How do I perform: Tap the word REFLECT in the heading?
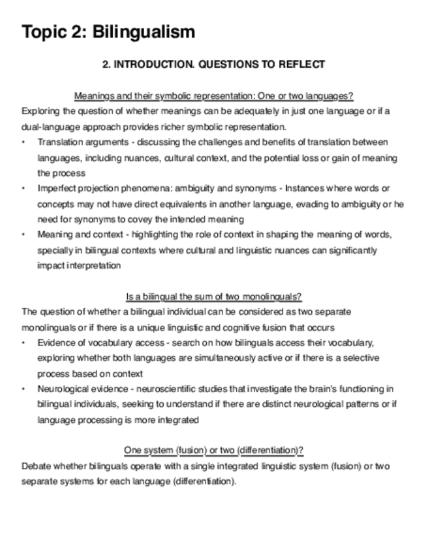[x=301, y=65]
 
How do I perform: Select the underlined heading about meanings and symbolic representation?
[x=214, y=96]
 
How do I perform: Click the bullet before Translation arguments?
[x=24, y=142]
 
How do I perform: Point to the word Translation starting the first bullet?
[x=57, y=142]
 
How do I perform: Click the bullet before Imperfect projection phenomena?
[x=24, y=189]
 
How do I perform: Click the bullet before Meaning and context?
[x=24, y=235]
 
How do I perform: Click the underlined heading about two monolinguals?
[x=214, y=297]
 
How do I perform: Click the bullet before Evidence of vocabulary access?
[x=24, y=343]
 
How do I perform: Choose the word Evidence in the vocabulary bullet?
[x=55, y=343]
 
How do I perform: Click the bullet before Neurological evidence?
[x=24, y=389]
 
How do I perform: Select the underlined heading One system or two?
[x=214, y=451]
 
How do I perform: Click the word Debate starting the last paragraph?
[x=35, y=466]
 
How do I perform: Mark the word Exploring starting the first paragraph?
[x=40, y=111]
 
